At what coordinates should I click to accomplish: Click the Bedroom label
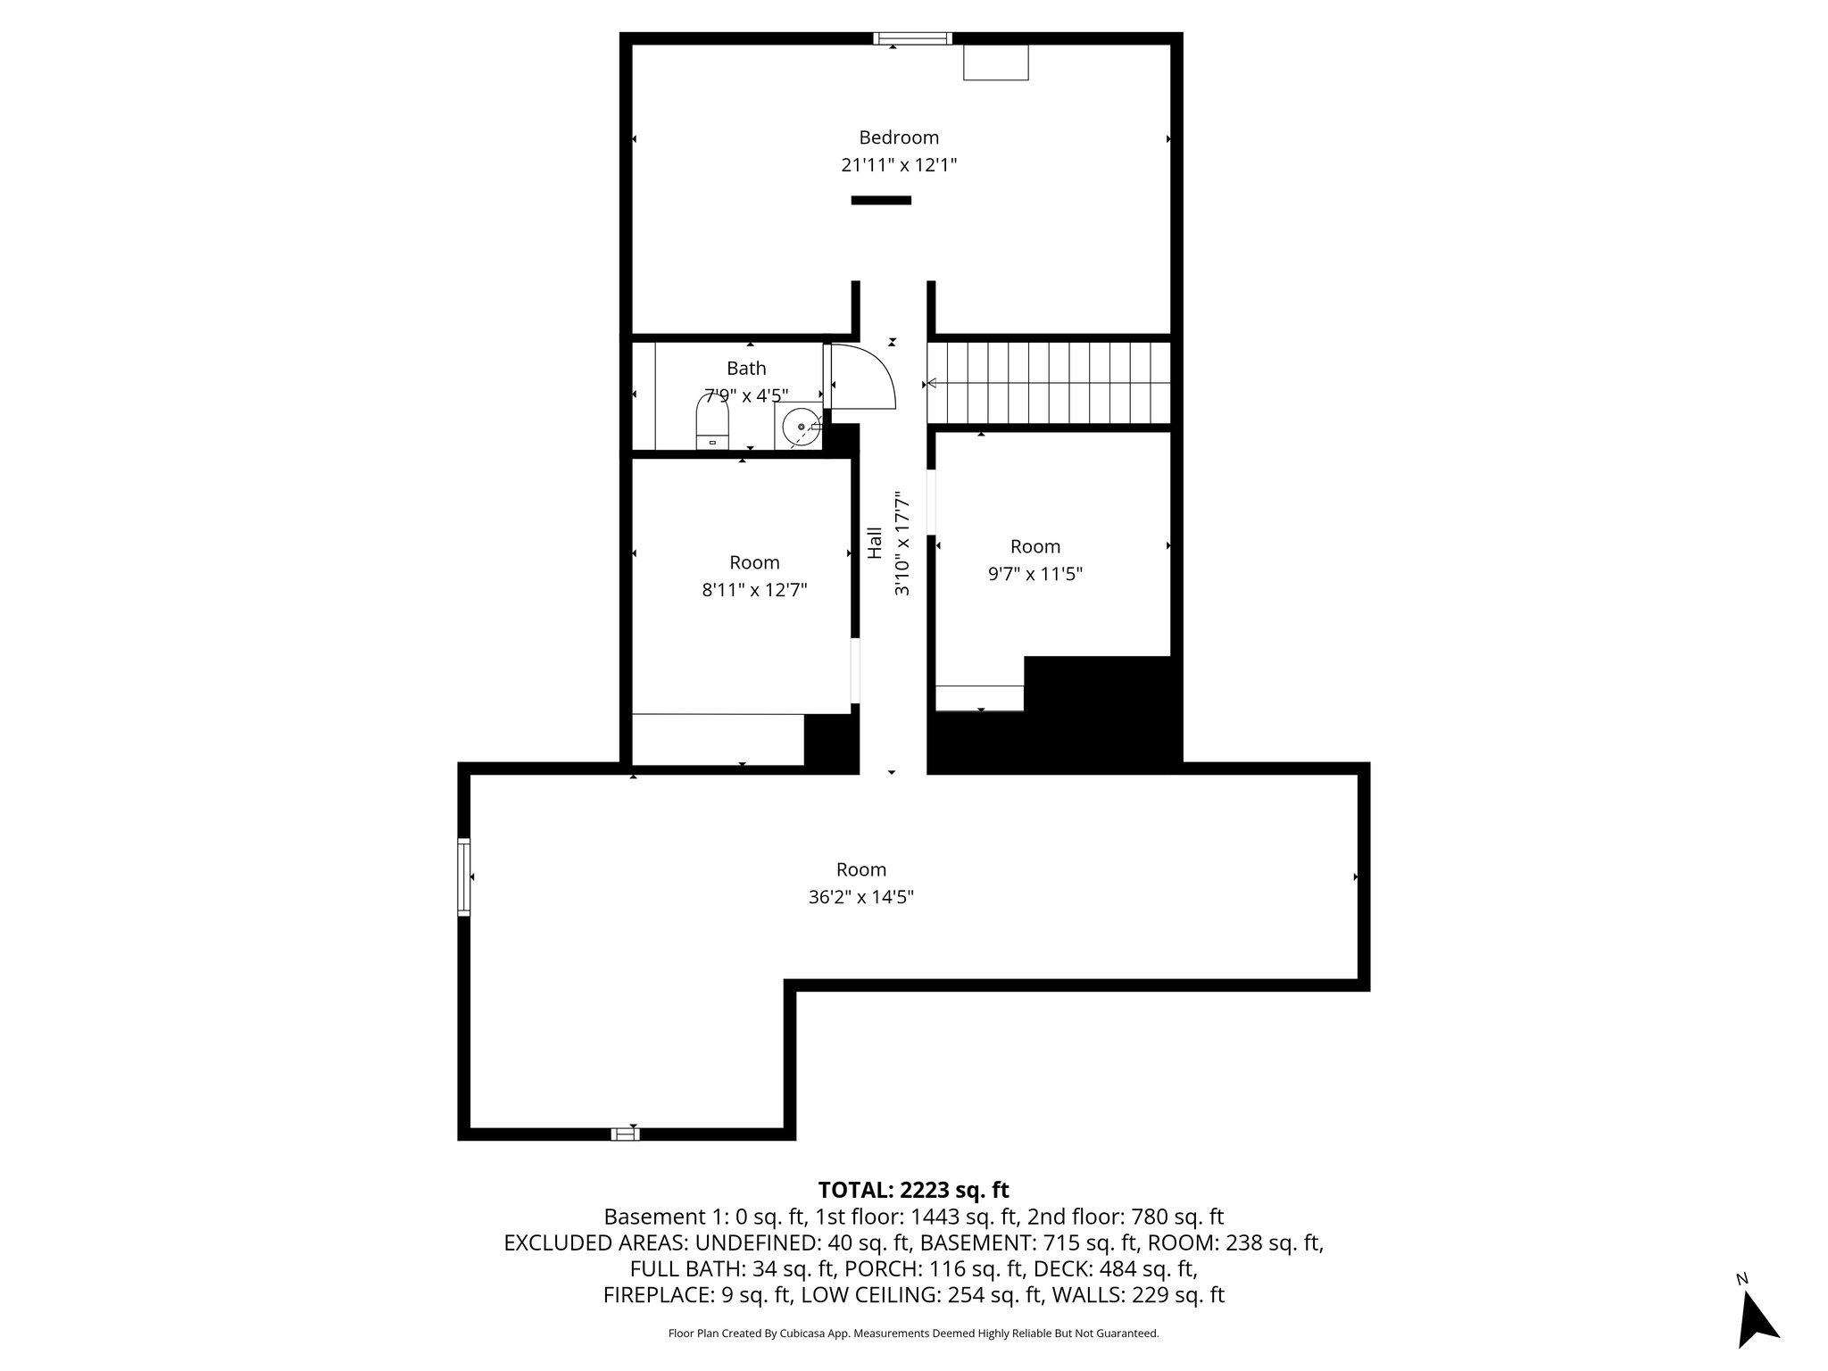coord(899,137)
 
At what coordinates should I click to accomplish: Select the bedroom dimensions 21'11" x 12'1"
coord(899,165)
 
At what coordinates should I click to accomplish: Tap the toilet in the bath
coord(712,423)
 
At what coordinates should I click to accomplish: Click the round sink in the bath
coord(800,427)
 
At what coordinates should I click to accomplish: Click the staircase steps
coord(1049,384)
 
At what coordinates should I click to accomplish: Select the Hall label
coord(876,543)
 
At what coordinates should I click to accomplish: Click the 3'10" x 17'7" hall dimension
coord(902,543)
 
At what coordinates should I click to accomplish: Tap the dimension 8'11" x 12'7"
coord(754,590)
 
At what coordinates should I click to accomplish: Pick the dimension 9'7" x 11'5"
coord(1034,574)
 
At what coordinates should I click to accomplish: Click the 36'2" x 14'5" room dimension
coord(860,897)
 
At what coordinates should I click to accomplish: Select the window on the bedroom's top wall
coord(912,38)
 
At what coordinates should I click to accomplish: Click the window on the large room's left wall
coord(463,877)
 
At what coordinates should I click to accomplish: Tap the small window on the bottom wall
coord(625,1134)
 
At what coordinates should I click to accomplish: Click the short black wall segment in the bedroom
coord(881,200)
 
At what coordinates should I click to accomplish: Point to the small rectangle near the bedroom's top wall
coord(995,62)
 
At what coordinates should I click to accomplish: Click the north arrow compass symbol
coord(1756,1319)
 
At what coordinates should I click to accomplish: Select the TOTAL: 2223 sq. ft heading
coord(913,1190)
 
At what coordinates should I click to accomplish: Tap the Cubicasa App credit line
coord(913,1334)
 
